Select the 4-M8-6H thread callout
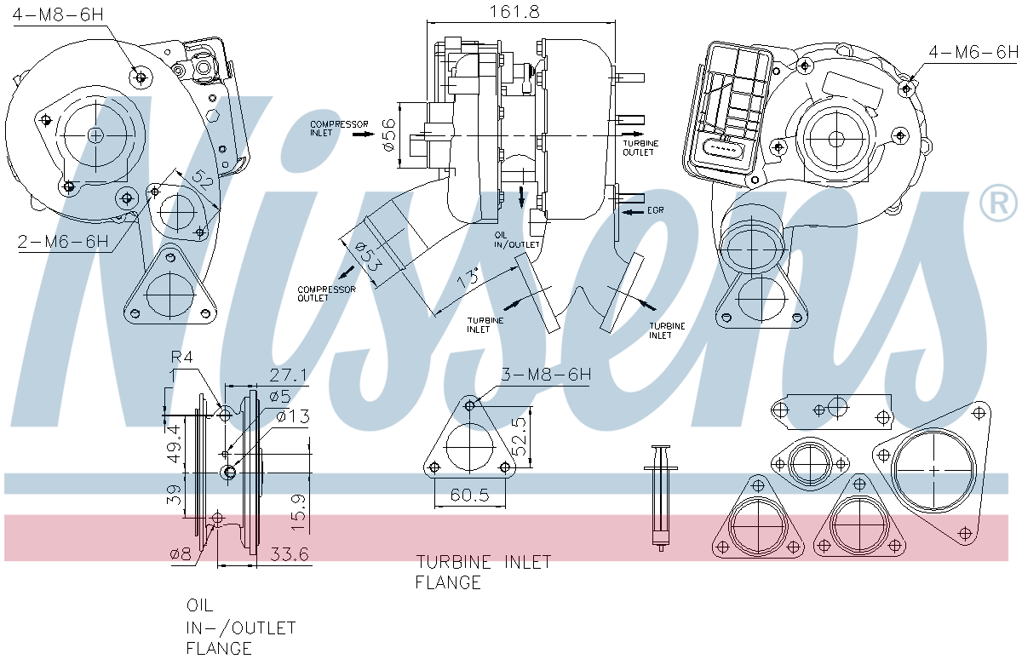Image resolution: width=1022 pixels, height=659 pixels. tap(57, 15)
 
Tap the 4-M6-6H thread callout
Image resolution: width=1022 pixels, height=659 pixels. tap(973, 52)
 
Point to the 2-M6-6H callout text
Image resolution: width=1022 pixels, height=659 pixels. tap(64, 241)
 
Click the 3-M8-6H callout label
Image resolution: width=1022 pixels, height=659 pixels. tap(545, 375)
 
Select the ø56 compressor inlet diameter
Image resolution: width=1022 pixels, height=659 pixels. tap(389, 135)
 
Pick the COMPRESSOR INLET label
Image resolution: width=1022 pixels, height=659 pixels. tap(330, 129)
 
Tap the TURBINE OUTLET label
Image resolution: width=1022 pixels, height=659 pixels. tap(638, 147)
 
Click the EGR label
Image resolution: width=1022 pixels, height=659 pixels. tap(654, 209)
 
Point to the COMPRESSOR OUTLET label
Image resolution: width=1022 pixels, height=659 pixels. tap(325, 294)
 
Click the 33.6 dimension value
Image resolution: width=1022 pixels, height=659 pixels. tap(289, 554)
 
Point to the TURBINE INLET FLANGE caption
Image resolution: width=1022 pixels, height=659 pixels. tap(482, 572)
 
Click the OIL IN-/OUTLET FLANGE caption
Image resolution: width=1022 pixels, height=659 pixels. tap(240, 627)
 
